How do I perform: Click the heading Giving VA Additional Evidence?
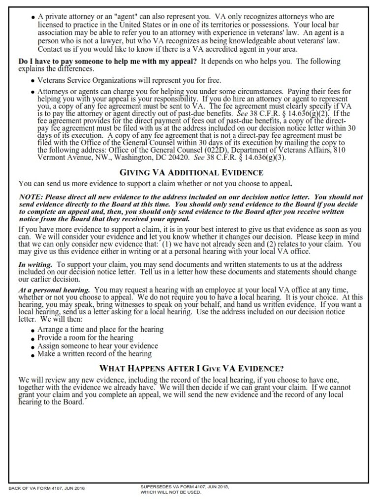point(191,172)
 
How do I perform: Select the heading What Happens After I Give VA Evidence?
point(191,368)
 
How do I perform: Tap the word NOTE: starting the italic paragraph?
point(31,197)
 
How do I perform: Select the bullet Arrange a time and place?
point(100,329)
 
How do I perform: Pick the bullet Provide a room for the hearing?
point(85,337)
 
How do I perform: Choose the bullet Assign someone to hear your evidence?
point(97,345)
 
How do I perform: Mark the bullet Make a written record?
point(94,354)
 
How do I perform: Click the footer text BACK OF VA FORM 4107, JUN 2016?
point(47,488)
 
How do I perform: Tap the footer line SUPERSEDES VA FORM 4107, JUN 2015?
point(185,486)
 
